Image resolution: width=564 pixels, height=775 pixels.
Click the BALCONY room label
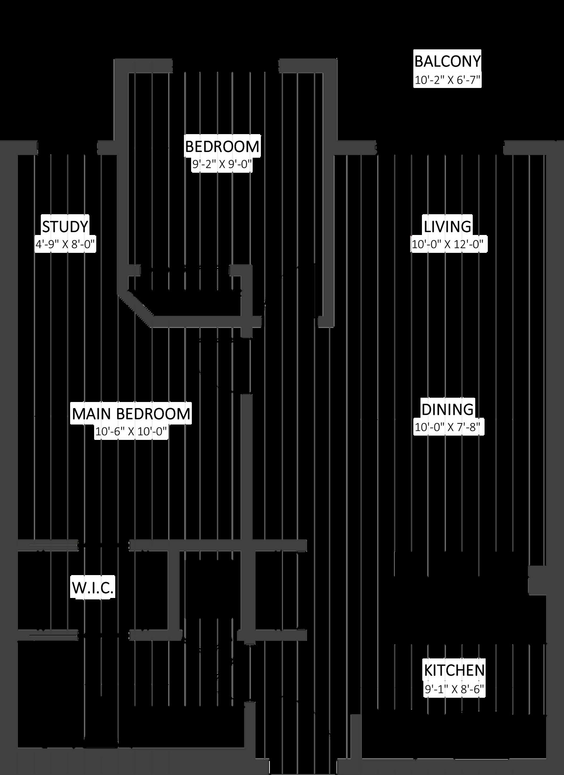tap(447, 62)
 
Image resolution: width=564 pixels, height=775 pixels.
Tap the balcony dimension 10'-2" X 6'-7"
tap(447, 80)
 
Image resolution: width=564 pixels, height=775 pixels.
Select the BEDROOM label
tap(222, 147)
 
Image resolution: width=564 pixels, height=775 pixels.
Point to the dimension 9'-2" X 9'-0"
tap(222, 165)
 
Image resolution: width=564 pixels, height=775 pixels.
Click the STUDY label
tap(65, 227)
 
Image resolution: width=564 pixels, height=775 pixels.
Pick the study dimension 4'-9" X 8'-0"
tap(65, 245)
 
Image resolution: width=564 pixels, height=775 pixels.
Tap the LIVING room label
tap(447, 227)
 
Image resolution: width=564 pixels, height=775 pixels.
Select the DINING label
tap(447, 409)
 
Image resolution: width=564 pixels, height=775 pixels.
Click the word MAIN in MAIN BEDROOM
tap(92, 414)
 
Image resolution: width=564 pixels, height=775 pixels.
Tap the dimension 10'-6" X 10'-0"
tap(131, 432)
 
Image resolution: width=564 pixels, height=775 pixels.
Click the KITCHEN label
tap(454, 671)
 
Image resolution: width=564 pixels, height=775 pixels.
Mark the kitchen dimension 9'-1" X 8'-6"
tap(454, 689)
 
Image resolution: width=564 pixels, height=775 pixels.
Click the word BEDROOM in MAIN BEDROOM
tap(153, 414)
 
